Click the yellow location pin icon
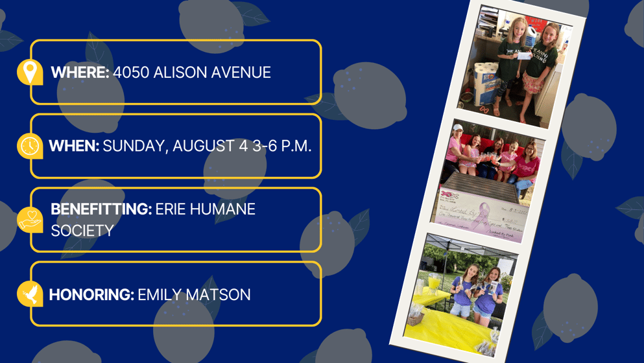point(30,72)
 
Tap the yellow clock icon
point(30,146)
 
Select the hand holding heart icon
point(30,220)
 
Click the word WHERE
point(80,73)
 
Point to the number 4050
point(131,73)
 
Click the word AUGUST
point(203,146)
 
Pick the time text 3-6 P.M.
point(281,146)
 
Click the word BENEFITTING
point(101,209)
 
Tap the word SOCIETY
point(82,231)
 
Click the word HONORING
point(91,295)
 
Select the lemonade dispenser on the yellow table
point(433,284)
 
